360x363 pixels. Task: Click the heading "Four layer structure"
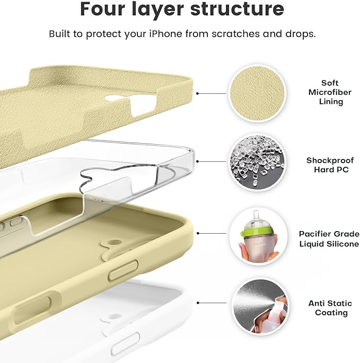pyautogui.click(x=182, y=10)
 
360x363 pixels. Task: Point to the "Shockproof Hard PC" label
pyautogui.click(x=327, y=165)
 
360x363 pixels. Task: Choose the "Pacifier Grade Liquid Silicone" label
pyautogui.click(x=329, y=238)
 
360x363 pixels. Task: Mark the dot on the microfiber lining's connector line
pyautogui.click(x=197, y=93)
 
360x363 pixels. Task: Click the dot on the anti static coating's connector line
pyautogui.click(x=197, y=303)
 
